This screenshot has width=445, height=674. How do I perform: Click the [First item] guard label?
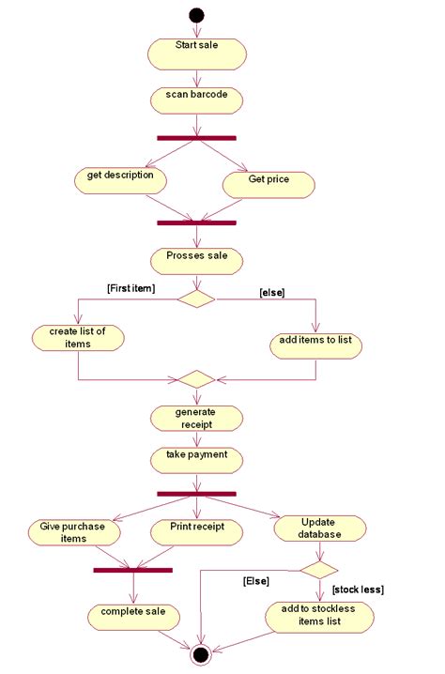tap(130, 287)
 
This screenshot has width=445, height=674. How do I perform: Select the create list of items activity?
tap(77, 338)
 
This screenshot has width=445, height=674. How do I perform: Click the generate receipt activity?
tap(196, 419)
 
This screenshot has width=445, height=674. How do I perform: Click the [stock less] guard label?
tap(358, 589)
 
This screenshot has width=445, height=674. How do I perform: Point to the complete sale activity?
tap(132, 616)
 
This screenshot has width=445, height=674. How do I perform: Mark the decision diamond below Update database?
tap(318, 568)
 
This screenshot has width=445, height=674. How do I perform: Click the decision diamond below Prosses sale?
tap(196, 299)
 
